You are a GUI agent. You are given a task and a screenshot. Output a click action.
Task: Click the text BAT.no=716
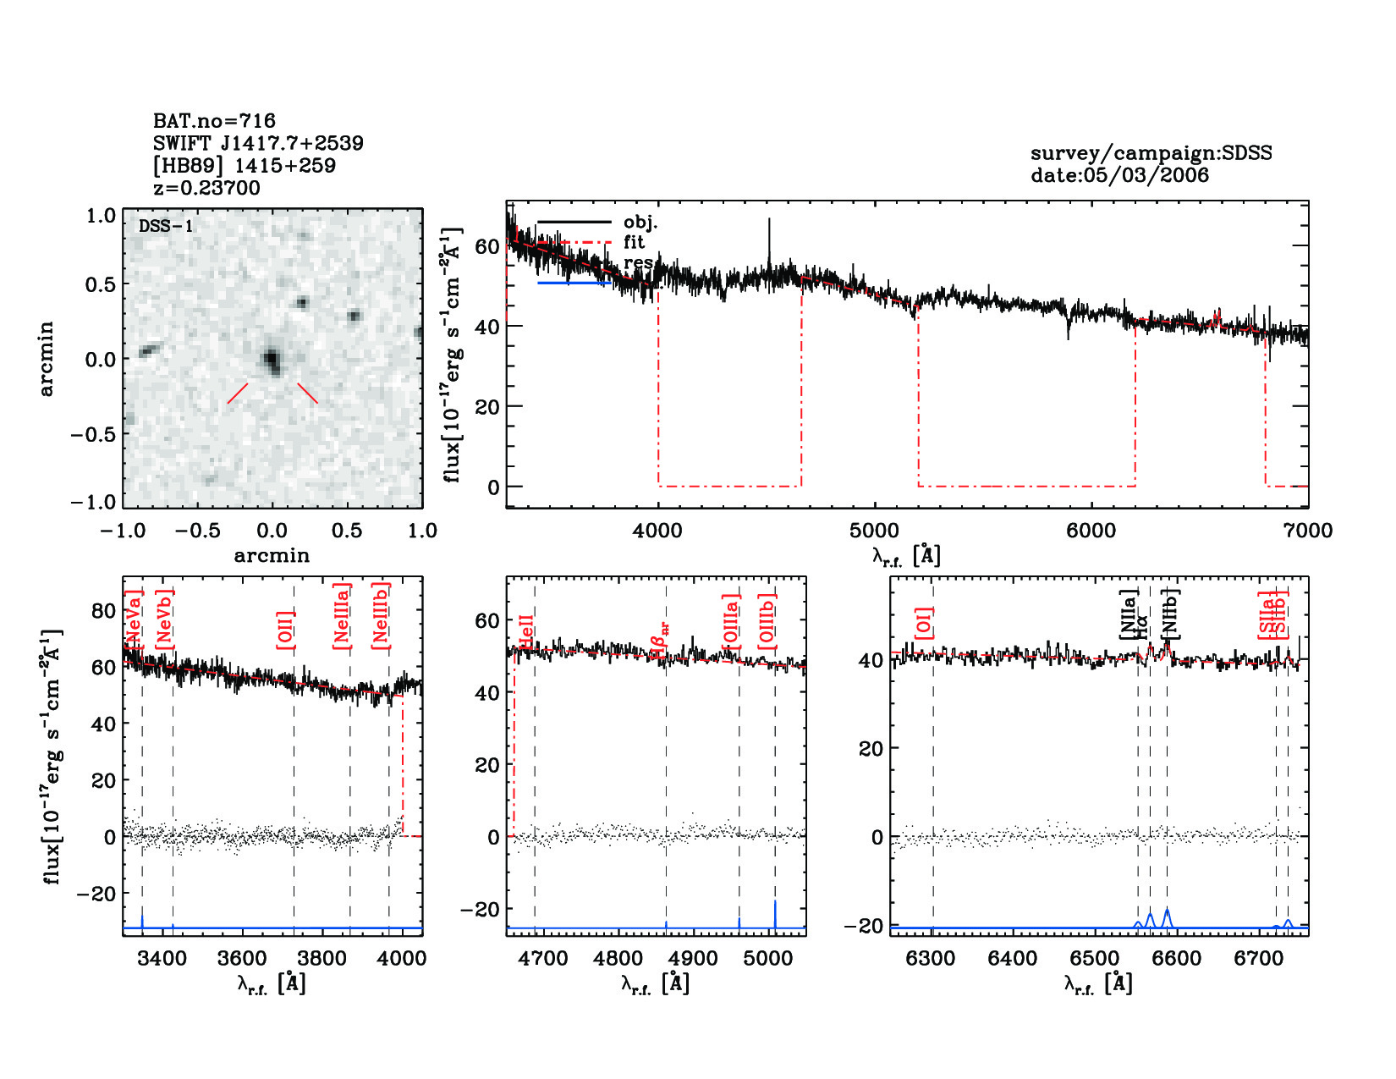(x=214, y=121)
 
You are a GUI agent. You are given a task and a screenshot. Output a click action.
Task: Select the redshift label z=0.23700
(x=206, y=188)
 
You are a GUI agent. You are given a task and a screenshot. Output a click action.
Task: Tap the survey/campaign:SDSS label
(x=1151, y=153)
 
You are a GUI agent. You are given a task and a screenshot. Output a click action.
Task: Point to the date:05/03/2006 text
(x=1119, y=175)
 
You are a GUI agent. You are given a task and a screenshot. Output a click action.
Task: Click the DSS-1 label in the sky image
(x=166, y=226)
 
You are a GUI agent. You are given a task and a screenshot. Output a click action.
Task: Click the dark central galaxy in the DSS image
(x=272, y=361)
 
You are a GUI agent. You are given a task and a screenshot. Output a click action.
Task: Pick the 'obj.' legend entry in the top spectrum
(x=640, y=223)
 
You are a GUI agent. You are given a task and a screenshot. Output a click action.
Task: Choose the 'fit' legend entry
(x=634, y=242)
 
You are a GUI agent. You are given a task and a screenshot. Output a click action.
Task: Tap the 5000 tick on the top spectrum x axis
(x=874, y=531)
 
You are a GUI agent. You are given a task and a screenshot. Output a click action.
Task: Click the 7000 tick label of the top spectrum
(x=1307, y=531)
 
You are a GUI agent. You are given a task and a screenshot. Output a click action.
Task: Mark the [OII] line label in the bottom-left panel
(x=286, y=630)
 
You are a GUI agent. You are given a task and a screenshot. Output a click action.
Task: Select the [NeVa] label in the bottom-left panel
(x=134, y=619)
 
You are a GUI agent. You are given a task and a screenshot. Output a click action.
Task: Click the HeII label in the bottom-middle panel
(x=526, y=632)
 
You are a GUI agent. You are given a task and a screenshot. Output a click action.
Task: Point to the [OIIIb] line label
(x=767, y=622)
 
